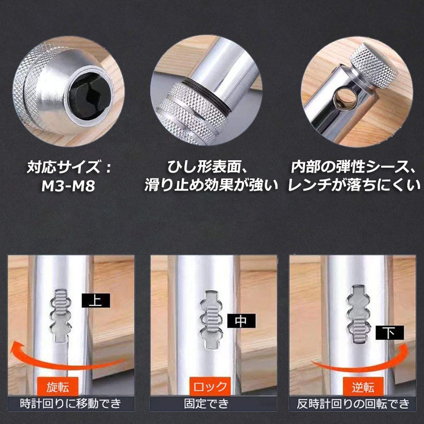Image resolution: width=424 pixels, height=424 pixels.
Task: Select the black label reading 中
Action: [241, 321]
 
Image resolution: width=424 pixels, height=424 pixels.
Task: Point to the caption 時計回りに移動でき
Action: [71, 405]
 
